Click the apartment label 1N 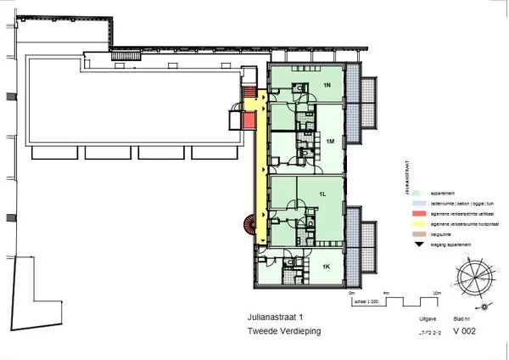tap(327, 86)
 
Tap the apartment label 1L tap(322, 194)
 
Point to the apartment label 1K tap(325, 266)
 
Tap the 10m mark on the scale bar tap(436, 293)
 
